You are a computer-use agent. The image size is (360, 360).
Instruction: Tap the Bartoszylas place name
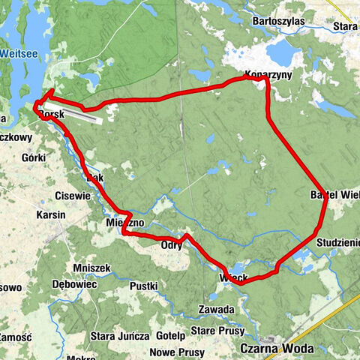click(279, 21)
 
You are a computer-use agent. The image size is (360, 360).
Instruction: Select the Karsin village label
click(51, 214)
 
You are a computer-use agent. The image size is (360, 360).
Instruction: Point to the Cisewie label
click(72, 196)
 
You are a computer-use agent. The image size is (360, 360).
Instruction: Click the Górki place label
click(34, 157)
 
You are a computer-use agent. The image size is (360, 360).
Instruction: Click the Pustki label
click(143, 286)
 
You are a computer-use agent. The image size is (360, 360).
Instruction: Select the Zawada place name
click(217, 309)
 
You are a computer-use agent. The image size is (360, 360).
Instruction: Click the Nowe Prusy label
click(177, 352)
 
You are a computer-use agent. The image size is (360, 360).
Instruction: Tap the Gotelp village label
click(172, 334)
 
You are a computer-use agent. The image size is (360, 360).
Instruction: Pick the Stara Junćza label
click(119, 334)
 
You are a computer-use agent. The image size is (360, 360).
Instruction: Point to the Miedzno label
click(120, 222)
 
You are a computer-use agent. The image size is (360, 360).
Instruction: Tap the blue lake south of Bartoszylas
click(283, 52)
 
